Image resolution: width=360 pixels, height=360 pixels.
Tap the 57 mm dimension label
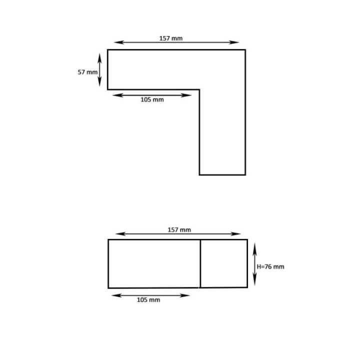point(87,72)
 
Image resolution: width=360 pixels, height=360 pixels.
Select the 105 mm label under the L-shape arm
point(152,99)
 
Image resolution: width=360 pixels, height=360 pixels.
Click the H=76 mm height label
point(270,266)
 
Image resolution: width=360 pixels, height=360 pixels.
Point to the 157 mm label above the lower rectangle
point(179,230)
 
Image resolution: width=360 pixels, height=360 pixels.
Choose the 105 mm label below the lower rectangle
point(148,300)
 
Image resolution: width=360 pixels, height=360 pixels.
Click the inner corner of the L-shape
point(199,89)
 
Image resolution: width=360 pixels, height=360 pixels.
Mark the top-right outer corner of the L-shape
point(245,49)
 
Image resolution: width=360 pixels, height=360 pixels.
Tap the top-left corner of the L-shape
point(108,49)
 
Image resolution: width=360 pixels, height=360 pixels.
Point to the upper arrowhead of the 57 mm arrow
point(100,56)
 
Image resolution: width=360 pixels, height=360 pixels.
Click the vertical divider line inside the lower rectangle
point(200,263)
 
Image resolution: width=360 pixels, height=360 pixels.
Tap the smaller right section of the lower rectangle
point(223,263)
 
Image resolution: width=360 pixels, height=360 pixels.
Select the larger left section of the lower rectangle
point(154,263)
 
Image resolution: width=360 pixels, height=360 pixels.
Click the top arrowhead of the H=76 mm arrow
point(254,245)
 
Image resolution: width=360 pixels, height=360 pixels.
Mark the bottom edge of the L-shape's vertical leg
point(222,174)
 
